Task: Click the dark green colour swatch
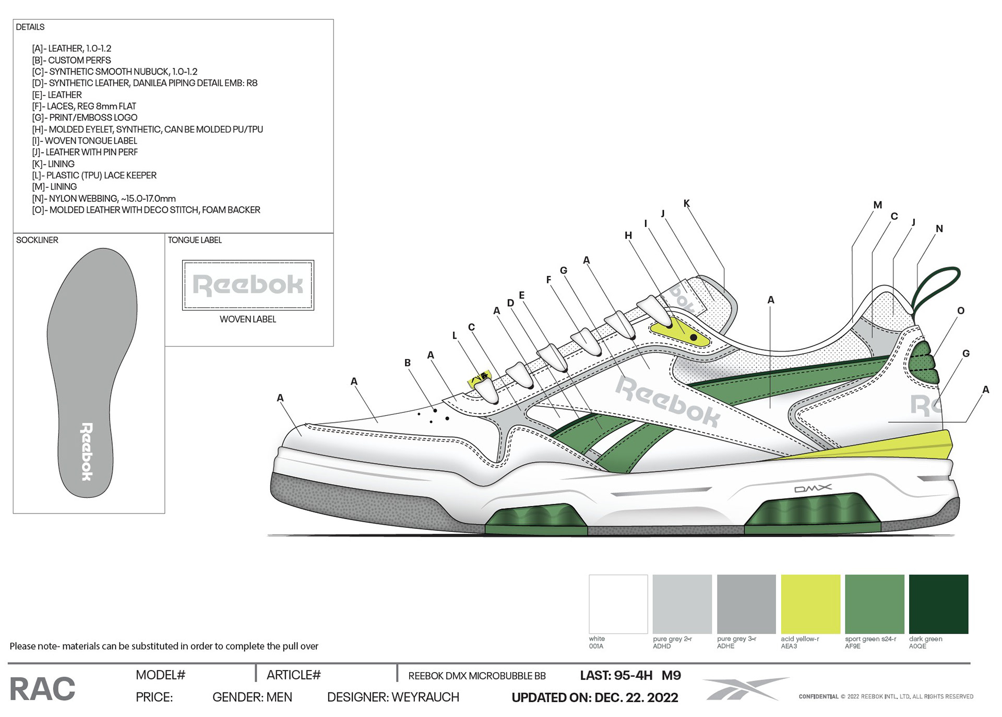click(x=938, y=604)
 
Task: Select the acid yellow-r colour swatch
click(x=810, y=604)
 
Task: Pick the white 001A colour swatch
click(x=618, y=604)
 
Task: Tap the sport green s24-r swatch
click(x=874, y=604)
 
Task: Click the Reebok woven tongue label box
click(x=248, y=285)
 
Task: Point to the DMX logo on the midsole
click(x=813, y=488)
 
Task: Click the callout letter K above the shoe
click(x=686, y=204)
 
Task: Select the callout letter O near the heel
click(x=961, y=310)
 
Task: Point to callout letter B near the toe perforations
click(x=407, y=363)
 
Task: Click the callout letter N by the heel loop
click(x=939, y=229)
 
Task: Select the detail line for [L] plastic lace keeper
click(x=94, y=175)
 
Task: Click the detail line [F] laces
click(x=84, y=106)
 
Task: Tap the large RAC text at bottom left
click(x=42, y=689)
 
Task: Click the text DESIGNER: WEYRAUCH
click(x=393, y=697)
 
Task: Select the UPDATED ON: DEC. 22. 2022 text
click(x=594, y=698)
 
